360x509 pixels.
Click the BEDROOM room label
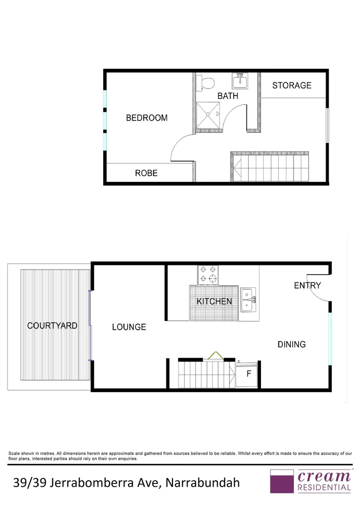click(147, 118)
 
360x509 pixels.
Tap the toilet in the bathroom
click(206, 83)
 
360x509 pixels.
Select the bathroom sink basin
click(240, 81)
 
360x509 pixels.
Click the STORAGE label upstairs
click(292, 85)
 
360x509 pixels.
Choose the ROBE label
click(146, 173)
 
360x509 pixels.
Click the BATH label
click(228, 96)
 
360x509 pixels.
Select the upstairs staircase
click(270, 168)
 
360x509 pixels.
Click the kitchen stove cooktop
click(208, 275)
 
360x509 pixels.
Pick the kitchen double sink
click(248, 300)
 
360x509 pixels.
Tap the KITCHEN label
click(214, 302)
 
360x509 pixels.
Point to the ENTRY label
click(307, 285)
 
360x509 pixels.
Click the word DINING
click(291, 345)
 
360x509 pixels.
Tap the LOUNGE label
click(129, 327)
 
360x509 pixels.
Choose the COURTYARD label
click(52, 325)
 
